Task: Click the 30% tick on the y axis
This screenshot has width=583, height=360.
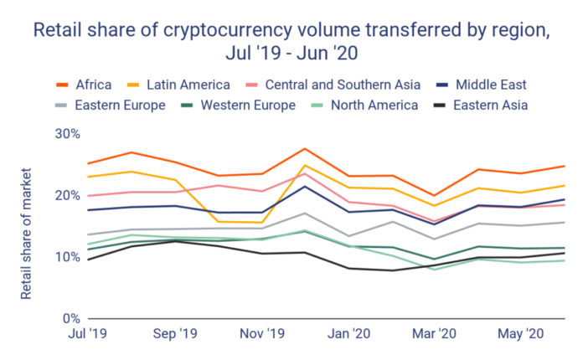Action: tap(68, 134)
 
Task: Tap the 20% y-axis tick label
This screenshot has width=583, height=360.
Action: tap(68, 195)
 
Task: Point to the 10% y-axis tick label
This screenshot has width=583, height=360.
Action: tap(68, 257)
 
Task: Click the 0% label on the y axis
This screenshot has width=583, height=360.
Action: tap(71, 318)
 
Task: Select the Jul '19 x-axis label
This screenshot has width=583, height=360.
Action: tap(86, 335)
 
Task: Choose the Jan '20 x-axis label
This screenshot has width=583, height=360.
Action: tap(348, 335)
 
